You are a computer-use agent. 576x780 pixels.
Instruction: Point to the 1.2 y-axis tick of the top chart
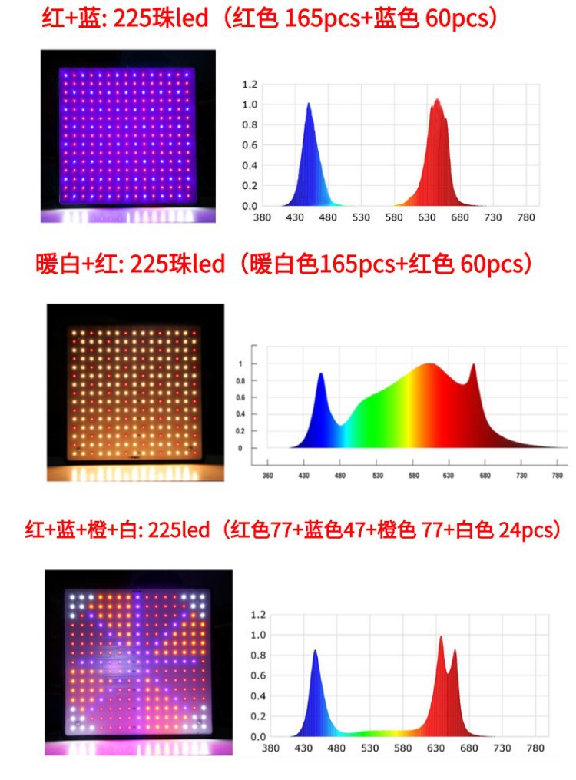249,84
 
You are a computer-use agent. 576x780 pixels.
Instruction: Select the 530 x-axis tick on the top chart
361,217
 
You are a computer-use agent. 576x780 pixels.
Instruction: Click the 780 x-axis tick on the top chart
526,217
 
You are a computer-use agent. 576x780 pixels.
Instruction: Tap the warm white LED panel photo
136,392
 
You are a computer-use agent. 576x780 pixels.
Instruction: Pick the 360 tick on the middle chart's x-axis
267,475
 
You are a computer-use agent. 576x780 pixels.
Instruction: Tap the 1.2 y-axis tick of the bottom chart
258,615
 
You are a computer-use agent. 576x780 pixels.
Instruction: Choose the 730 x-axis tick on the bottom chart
502,748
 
